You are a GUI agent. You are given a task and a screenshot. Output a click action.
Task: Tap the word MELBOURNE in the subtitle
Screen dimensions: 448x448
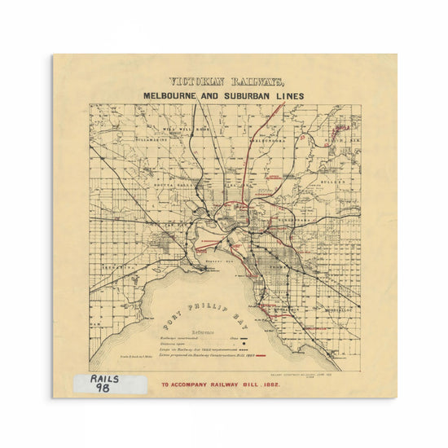point(173,95)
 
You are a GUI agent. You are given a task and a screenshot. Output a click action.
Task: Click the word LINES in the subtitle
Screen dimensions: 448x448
point(289,95)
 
